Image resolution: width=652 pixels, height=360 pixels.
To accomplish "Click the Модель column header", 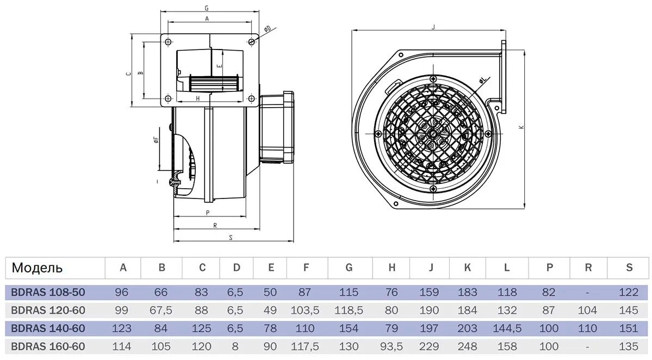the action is (x=37, y=268).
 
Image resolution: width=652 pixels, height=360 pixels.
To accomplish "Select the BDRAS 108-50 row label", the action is (x=48, y=292).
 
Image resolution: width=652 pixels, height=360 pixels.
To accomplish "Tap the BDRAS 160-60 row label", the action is (x=48, y=346).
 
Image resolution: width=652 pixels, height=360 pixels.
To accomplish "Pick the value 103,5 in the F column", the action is (x=305, y=311).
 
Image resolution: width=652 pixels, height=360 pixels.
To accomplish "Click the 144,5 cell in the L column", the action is (x=507, y=329).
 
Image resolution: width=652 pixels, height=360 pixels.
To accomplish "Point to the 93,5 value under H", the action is (x=392, y=347).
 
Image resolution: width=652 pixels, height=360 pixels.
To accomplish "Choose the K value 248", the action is (x=467, y=346).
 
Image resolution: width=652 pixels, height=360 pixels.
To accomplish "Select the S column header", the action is (x=629, y=268).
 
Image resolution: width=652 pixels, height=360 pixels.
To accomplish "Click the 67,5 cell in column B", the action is (x=161, y=311).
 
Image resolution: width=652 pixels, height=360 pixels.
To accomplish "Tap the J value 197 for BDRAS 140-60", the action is (x=429, y=328).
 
